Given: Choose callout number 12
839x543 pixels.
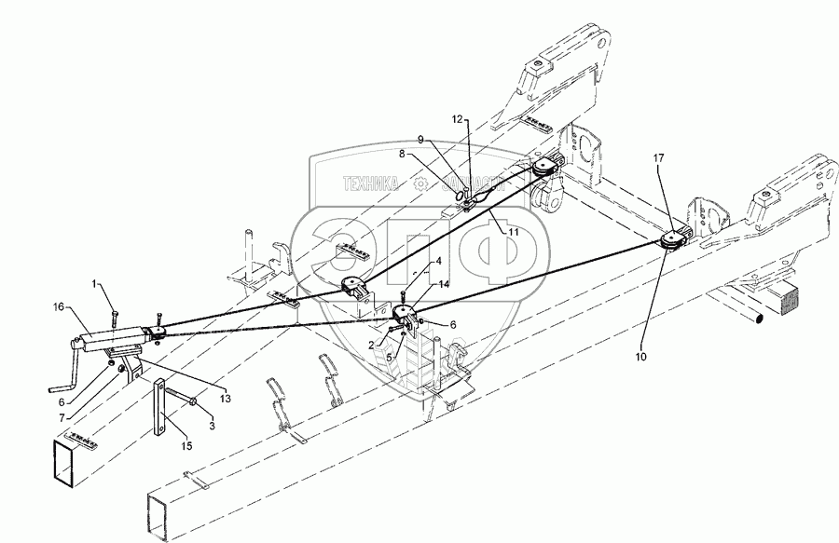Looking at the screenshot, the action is tap(458, 119).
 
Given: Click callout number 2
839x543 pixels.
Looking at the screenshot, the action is tap(373, 343).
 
